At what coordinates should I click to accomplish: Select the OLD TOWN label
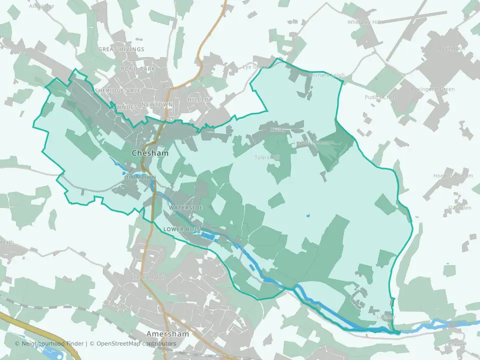[140, 177]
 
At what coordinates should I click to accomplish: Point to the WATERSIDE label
[185, 207]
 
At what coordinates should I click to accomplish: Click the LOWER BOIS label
[181, 229]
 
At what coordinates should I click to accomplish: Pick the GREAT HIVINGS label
[121, 49]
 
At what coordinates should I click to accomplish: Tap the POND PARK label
[138, 68]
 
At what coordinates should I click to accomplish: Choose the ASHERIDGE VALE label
[116, 90]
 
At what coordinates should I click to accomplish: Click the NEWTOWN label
[157, 104]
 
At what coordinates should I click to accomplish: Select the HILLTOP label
[200, 99]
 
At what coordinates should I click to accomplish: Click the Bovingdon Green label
[432, 89]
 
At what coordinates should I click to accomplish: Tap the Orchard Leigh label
[326, 75]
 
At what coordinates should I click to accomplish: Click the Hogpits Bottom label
[453, 175]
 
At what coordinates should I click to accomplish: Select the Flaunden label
[459, 207]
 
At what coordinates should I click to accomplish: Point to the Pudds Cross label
[381, 97]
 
